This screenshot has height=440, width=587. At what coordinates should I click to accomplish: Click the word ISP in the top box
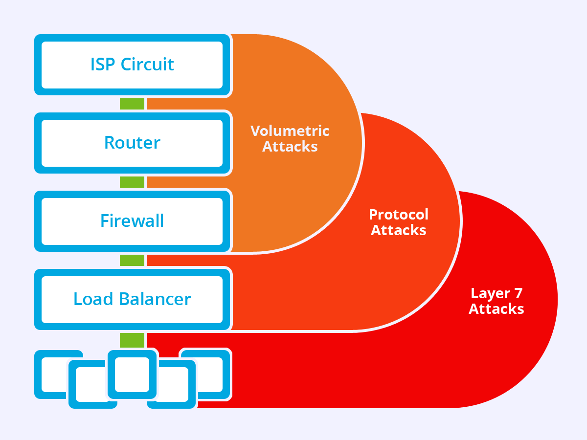[103, 65]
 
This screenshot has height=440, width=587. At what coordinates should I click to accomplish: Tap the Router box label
[132, 143]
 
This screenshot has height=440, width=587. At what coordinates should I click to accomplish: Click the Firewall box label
[132, 221]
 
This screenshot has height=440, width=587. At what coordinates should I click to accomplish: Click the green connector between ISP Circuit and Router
[132, 103]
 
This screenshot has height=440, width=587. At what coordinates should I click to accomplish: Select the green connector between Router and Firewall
[132, 182]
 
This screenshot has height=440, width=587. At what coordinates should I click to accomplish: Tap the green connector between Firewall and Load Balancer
[132, 260]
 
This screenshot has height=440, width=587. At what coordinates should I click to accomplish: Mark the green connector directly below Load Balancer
[132, 339]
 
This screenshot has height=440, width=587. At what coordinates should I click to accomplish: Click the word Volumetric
[290, 131]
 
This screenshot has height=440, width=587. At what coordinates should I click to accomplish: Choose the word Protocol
[399, 215]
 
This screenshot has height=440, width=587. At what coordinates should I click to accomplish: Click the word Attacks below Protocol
[399, 230]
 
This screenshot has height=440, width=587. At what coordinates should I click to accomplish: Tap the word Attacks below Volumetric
[290, 147]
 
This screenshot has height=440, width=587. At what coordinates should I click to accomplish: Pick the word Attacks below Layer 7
[497, 309]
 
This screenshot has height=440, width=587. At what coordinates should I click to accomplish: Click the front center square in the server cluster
[132, 374]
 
